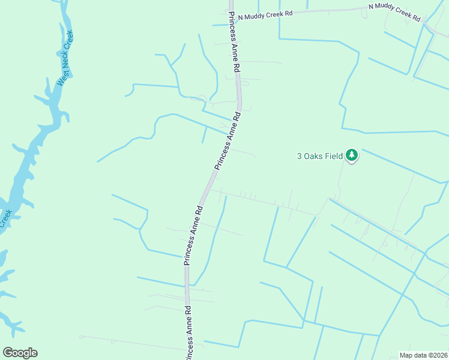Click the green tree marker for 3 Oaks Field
(352, 156)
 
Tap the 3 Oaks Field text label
(320, 156)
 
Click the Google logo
(20, 352)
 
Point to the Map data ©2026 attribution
(423, 355)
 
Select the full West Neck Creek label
(65, 58)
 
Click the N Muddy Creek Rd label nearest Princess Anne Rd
(265, 16)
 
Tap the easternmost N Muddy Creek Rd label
(394, 13)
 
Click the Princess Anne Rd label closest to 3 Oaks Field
(228, 142)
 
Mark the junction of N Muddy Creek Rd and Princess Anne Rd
(231, 21)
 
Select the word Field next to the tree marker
(334, 156)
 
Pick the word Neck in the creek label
(64, 59)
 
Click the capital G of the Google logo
(8, 352)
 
